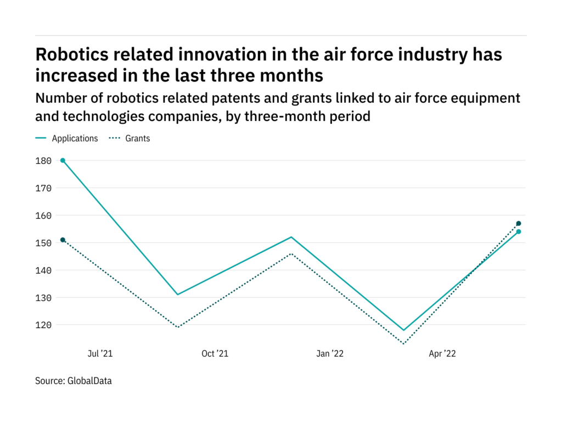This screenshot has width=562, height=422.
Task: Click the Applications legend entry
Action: click(75, 138)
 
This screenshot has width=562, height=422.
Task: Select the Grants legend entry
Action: click(137, 138)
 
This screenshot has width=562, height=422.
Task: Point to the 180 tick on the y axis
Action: click(44, 160)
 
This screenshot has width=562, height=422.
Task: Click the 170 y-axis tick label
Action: click(44, 188)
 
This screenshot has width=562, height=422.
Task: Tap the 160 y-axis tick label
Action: click(44, 215)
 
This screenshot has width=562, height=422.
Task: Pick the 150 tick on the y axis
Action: click(44, 243)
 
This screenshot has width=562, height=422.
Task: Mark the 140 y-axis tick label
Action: click(44, 270)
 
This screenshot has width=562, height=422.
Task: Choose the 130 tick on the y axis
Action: click(44, 298)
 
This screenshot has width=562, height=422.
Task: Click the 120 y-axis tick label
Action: click(44, 325)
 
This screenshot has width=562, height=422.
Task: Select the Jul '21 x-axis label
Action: click(100, 354)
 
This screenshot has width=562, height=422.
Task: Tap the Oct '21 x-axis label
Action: click(215, 354)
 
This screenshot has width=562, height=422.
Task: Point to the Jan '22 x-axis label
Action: click(330, 354)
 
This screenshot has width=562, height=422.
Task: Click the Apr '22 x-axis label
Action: click(442, 354)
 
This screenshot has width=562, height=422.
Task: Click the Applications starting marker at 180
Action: click(63, 160)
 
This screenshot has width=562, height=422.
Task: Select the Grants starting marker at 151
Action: click(63, 240)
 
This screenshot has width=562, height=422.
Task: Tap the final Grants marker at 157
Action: click(518, 224)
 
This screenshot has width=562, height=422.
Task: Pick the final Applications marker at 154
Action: click(518, 231)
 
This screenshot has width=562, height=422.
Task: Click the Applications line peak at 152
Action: click(291, 237)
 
